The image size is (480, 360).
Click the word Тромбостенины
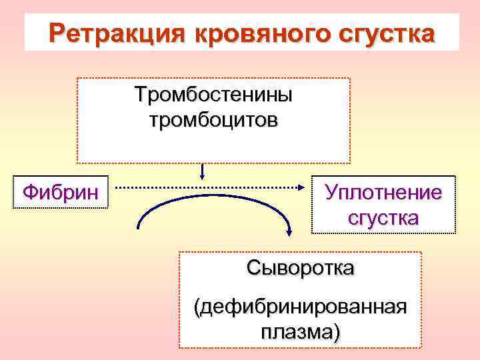point(213,95)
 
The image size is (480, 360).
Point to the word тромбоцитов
point(213,121)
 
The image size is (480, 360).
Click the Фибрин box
point(61,193)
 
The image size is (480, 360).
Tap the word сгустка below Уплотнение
point(383,218)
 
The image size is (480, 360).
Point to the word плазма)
point(300,331)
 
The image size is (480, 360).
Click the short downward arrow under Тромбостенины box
point(201,172)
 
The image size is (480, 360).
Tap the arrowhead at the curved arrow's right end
point(289,231)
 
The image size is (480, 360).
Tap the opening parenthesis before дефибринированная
point(197,308)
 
